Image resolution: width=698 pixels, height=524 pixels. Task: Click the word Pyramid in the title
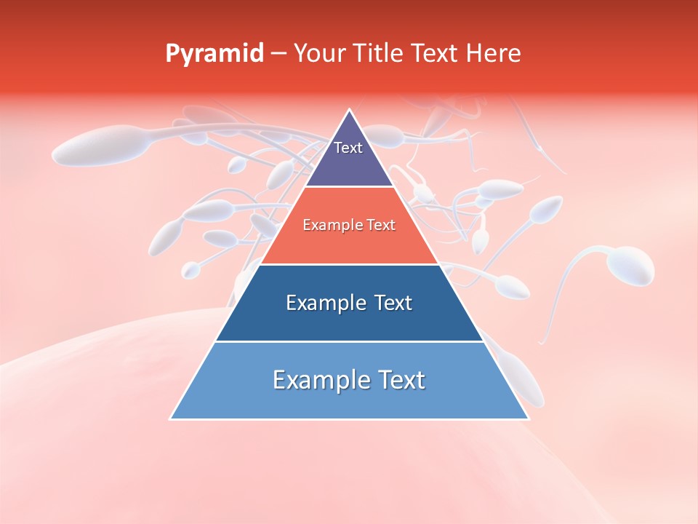pos(214,54)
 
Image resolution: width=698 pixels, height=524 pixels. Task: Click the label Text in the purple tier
pos(348,148)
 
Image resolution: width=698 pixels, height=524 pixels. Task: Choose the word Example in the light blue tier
pos(318,380)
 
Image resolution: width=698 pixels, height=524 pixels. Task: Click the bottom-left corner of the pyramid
pos(171,418)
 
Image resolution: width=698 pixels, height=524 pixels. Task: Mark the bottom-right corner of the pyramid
pos(528,418)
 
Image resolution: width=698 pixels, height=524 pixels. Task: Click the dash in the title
pos(278,54)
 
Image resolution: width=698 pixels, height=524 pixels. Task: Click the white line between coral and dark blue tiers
pos(350,264)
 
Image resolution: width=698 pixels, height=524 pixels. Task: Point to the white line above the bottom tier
pos(350,341)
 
